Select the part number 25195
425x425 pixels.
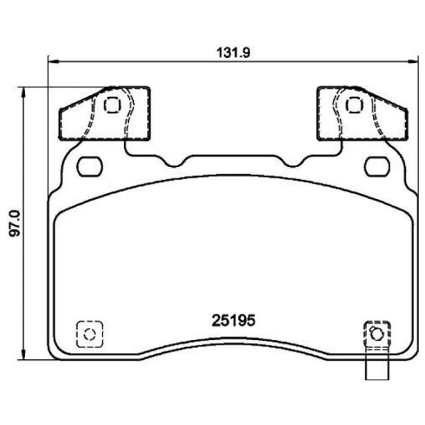tap(232, 320)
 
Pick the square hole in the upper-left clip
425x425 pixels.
tap(112, 105)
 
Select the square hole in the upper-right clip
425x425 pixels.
tap(353, 105)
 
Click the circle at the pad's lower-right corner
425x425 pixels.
tap(376, 334)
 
